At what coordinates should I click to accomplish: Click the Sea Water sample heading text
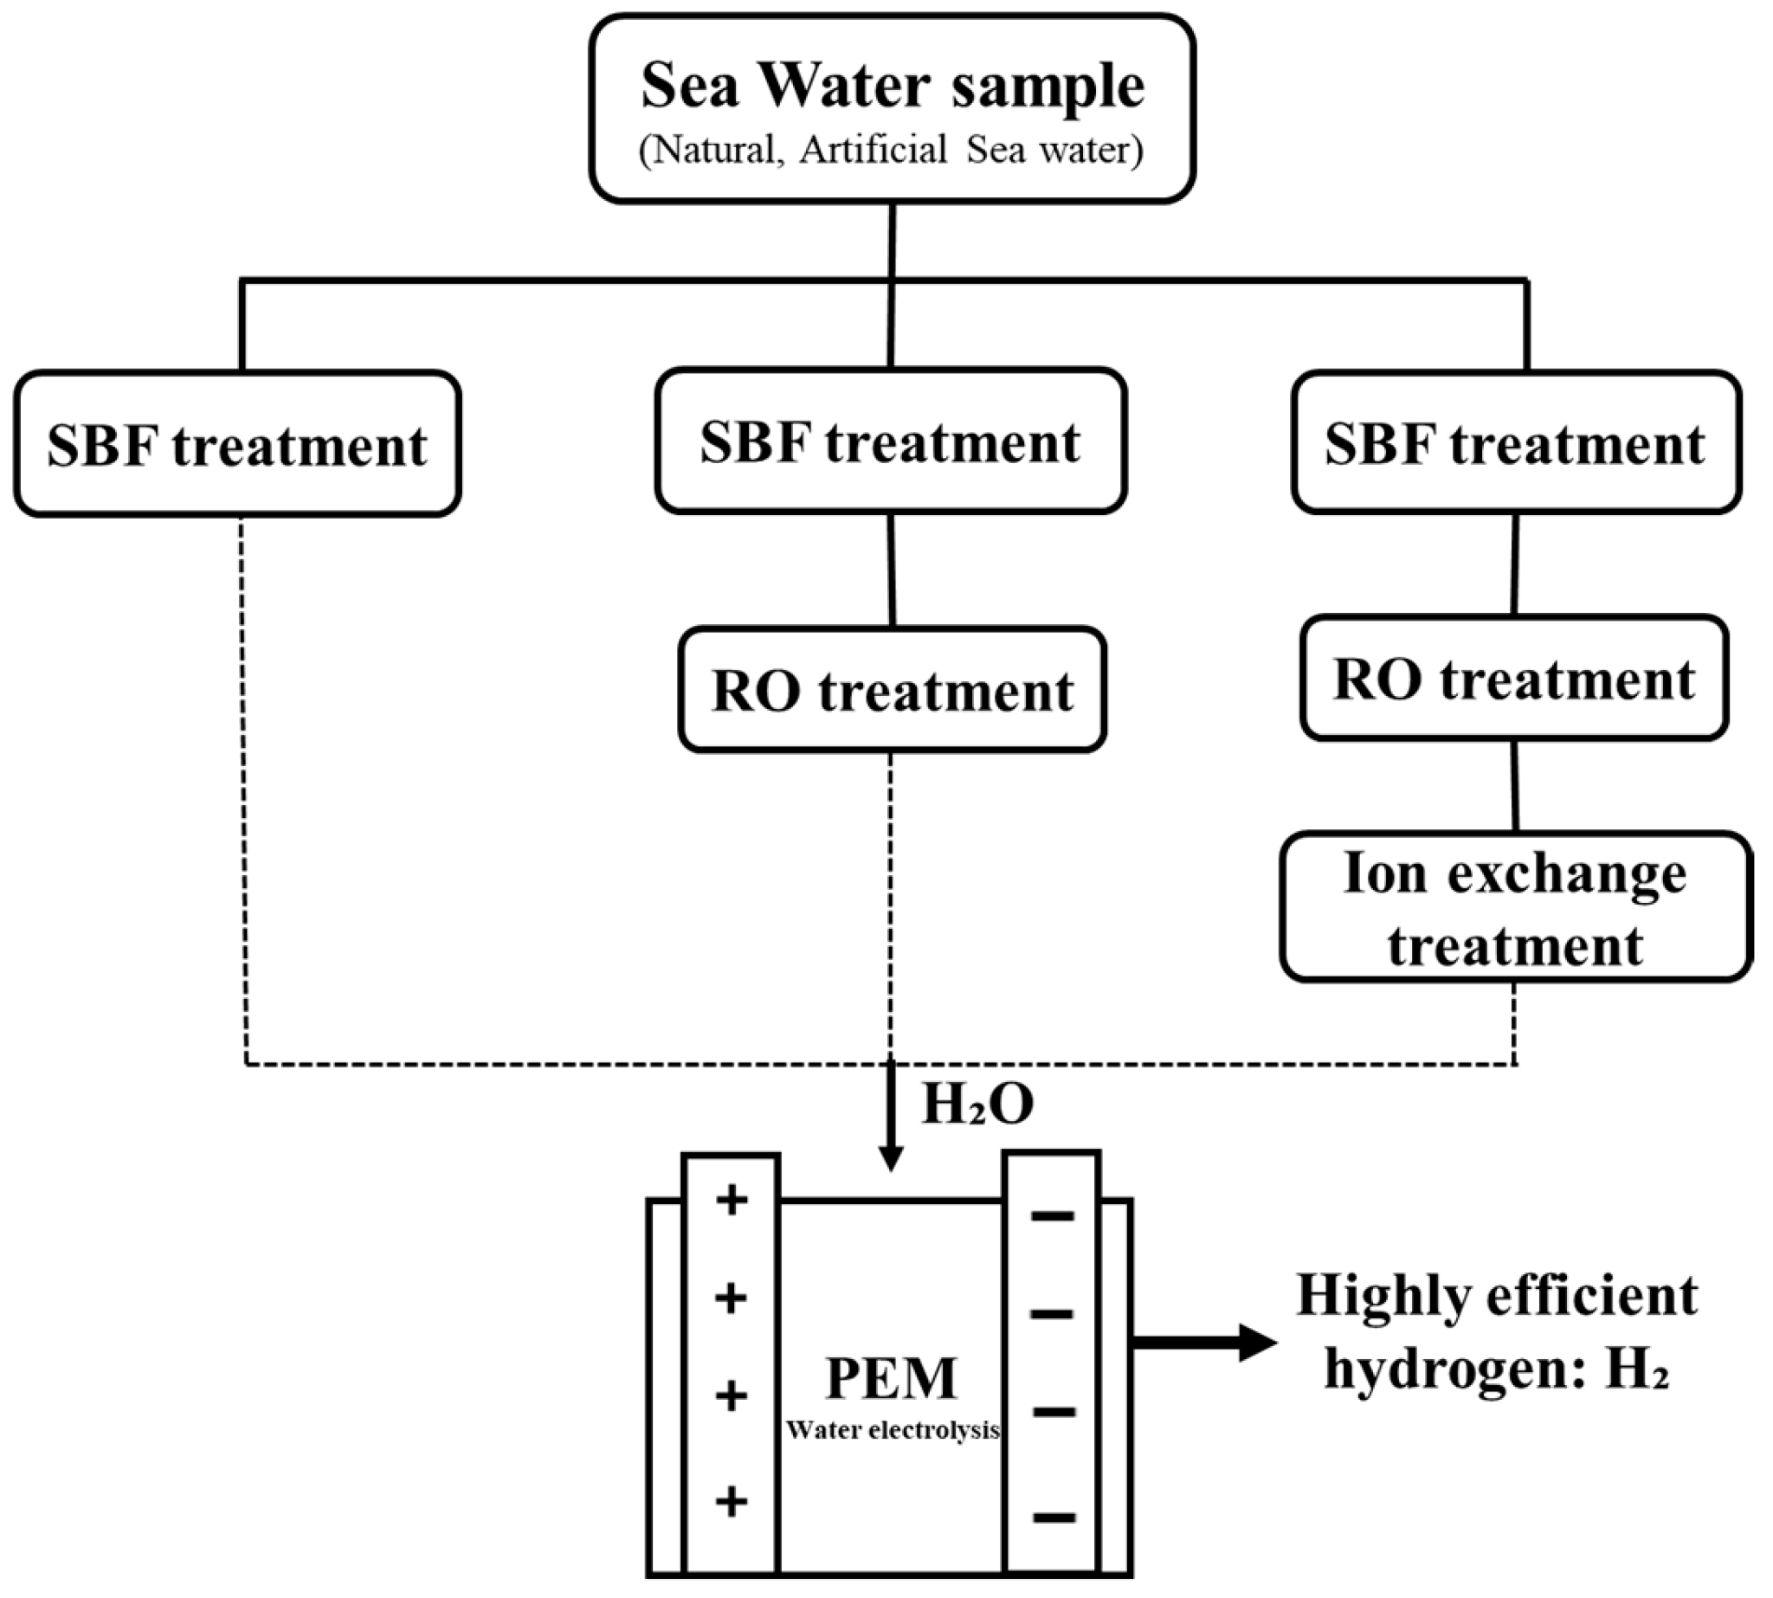pos(893,87)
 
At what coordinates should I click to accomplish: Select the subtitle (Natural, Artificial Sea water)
pos(892,149)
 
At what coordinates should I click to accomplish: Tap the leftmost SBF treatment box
pos(238,443)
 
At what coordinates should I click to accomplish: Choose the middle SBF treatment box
pos(892,441)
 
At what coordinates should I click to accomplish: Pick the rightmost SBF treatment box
pos(1517,441)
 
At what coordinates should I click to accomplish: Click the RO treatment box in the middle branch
pos(893,689)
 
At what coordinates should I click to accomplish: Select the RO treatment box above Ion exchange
pos(1515,677)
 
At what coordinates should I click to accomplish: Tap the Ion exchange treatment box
pos(1516,907)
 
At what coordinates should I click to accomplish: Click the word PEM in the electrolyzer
pos(892,1378)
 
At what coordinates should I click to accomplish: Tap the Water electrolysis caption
pos(893,1431)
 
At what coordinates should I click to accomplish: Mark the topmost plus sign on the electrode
pos(732,1202)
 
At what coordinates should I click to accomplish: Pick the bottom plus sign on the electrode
pos(732,1502)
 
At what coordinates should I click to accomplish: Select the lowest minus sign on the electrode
pos(1053,1517)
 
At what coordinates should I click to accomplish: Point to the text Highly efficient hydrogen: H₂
pos(1497,1332)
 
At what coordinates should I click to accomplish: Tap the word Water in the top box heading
pos(845,86)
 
